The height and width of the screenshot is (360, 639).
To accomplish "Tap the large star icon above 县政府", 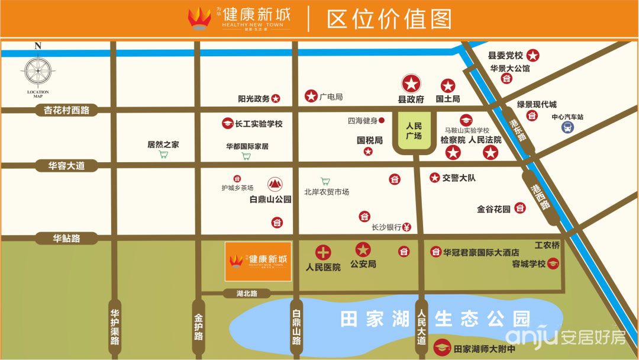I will tap(411, 83).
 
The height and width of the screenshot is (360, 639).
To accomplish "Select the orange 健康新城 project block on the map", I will tap(258, 261).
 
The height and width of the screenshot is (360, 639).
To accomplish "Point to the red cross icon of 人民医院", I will tap(323, 252).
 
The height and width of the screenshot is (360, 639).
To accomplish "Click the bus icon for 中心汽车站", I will tap(567, 127).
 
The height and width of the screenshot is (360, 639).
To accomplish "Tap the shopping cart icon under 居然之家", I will tap(163, 155).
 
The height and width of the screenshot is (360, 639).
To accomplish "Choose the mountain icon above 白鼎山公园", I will tap(275, 184).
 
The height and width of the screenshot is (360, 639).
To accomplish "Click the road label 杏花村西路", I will tap(66, 110).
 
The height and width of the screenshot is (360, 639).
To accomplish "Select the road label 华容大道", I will tap(66, 166).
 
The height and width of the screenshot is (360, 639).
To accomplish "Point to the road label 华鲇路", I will tap(66, 239).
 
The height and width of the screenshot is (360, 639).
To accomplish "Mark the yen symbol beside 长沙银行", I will tap(407, 227).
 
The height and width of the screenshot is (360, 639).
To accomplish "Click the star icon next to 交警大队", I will tap(435, 178).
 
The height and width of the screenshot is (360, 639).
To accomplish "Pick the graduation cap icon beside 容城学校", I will tap(553, 264).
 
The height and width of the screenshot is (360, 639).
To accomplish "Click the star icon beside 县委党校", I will tap(533, 56).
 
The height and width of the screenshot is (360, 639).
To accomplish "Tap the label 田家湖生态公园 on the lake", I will tap(435, 320).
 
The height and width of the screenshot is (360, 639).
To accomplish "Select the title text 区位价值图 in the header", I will tap(389, 18).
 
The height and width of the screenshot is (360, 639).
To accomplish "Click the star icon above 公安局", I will tap(363, 250).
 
